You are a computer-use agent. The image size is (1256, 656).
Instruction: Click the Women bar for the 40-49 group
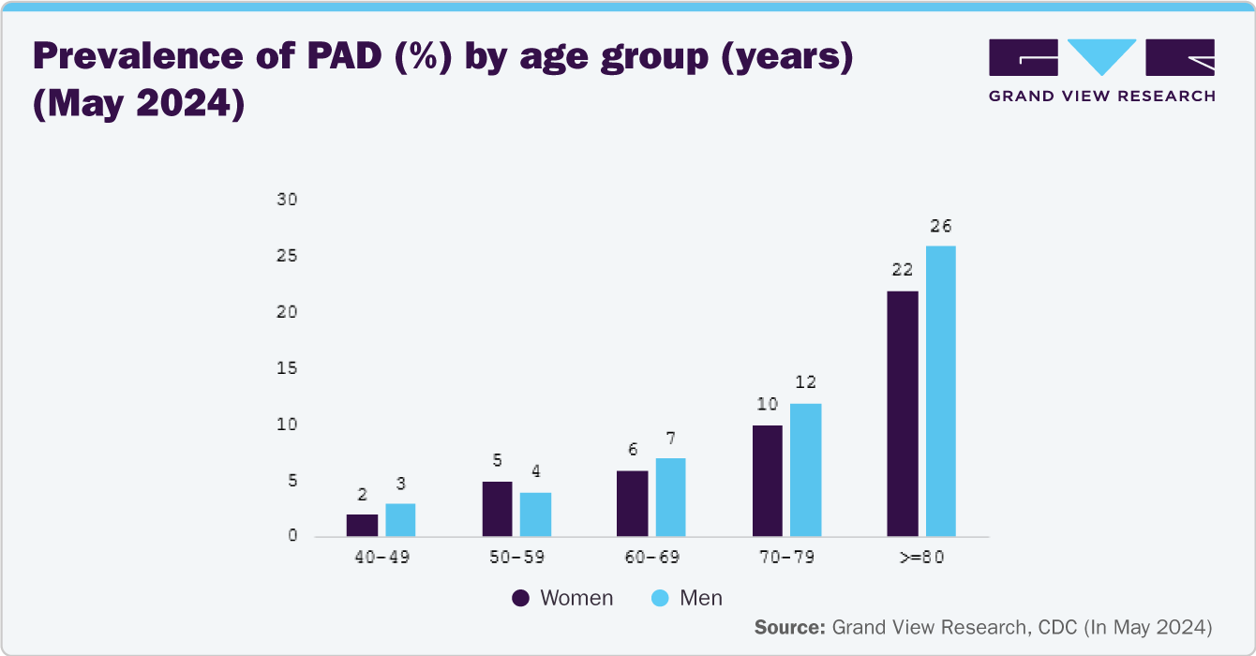click(x=362, y=526)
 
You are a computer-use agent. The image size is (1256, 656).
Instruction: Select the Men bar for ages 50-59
click(x=535, y=514)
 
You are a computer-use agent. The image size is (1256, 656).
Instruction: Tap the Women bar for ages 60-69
click(x=632, y=503)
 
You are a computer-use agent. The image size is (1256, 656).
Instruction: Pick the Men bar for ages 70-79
click(x=805, y=470)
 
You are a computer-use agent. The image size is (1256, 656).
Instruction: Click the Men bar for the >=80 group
click(x=940, y=391)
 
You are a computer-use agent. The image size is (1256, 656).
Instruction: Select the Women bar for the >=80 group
click(x=903, y=413)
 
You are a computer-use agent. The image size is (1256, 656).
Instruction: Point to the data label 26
click(x=940, y=226)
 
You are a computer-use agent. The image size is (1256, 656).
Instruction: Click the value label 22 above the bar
click(x=902, y=271)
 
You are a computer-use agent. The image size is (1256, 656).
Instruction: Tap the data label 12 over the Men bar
click(x=805, y=382)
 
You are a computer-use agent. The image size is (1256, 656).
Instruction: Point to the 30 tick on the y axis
click(x=287, y=200)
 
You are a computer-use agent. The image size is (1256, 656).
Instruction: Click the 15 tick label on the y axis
click(x=287, y=368)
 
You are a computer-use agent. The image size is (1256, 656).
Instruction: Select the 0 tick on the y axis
click(x=292, y=537)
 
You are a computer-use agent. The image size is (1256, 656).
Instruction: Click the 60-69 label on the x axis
click(x=651, y=557)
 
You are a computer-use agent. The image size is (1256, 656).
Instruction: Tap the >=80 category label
click(x=920, y=557)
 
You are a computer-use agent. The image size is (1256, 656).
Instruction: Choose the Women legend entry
click(x=562, y=598)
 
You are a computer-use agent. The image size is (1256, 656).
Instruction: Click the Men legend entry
click(x=687, y=598)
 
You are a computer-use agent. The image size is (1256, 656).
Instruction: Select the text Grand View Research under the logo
click(x=1101, y=96)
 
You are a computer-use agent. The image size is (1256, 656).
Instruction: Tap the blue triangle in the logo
click(x=1102, y=56)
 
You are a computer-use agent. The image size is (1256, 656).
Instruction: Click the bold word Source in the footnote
click(x=789, y=626)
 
